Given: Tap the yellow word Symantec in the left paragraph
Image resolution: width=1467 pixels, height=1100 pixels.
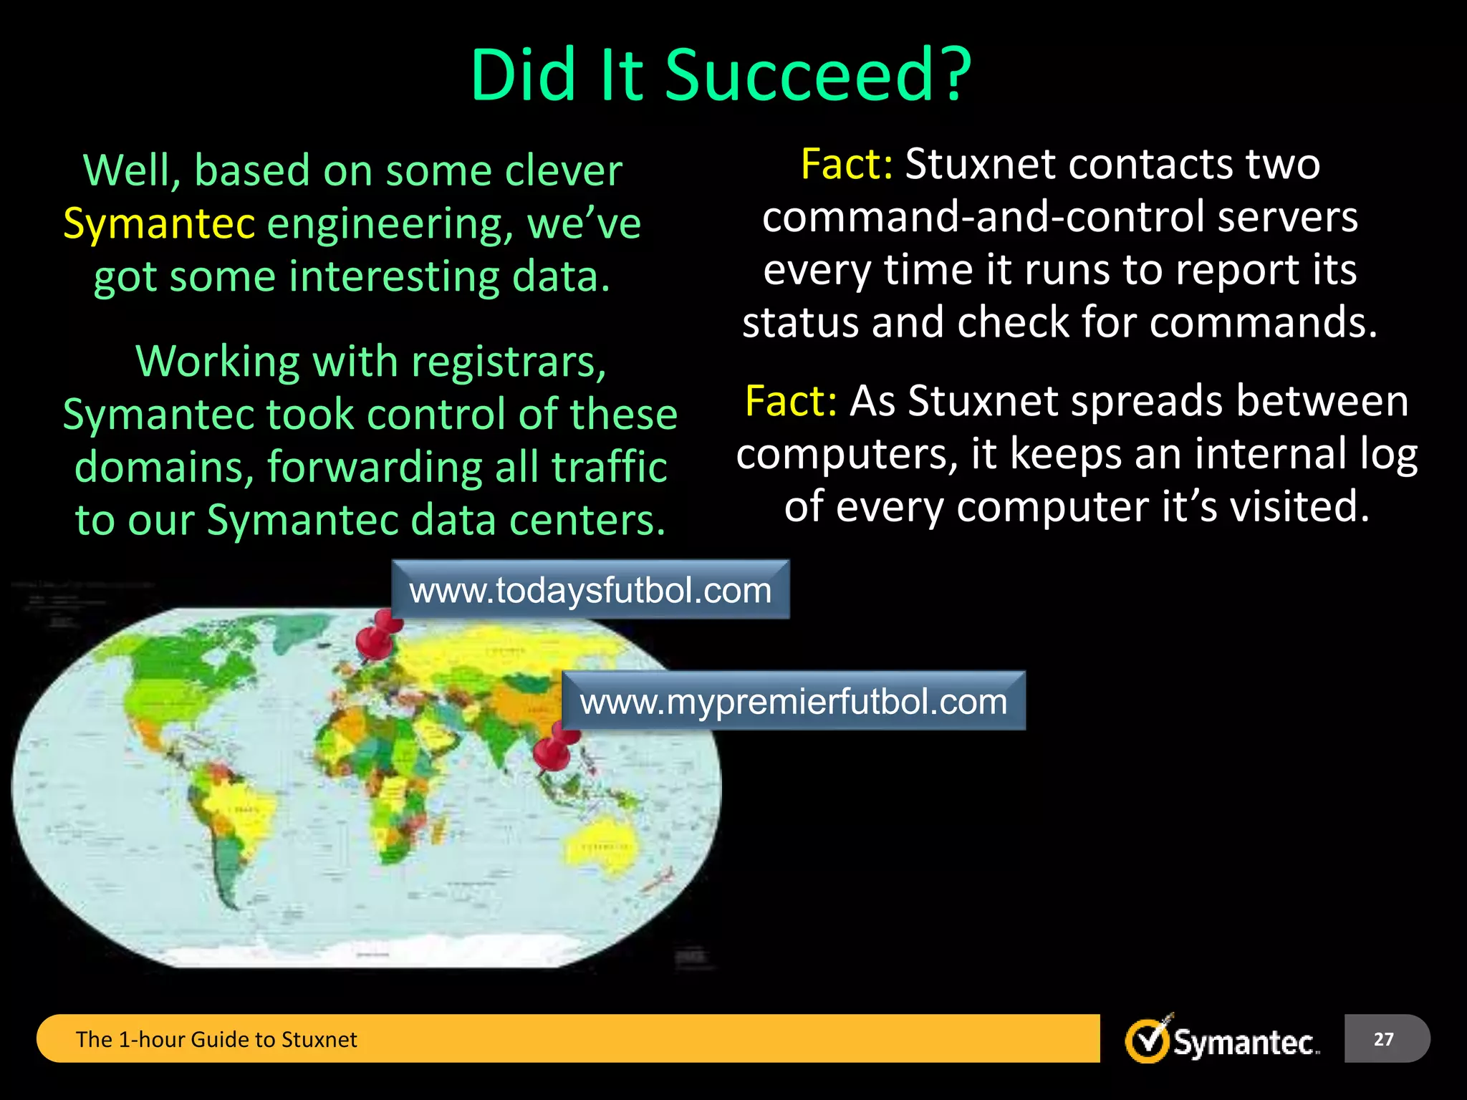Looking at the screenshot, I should (x=159, y=223).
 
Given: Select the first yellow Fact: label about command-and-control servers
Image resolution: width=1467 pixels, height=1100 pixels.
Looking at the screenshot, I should (x=846, y=164).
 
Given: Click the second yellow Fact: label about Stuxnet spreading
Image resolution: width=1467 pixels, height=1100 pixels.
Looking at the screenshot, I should (x=790, y=400).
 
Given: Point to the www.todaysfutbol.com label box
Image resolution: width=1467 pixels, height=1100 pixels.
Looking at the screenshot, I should (x=590, y=590).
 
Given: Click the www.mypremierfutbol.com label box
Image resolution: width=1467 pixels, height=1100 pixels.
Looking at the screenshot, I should (x=793, y=701).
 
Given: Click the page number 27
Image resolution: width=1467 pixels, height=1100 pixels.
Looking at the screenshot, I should (x=1383, y=1038).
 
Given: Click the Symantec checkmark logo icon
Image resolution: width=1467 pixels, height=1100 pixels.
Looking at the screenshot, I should (x=1148, y=1039).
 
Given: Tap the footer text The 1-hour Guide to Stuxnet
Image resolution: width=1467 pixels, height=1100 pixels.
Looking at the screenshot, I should (x=216, y=1039).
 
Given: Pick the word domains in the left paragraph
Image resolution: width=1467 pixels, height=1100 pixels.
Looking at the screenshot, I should (x=163, y=467).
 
